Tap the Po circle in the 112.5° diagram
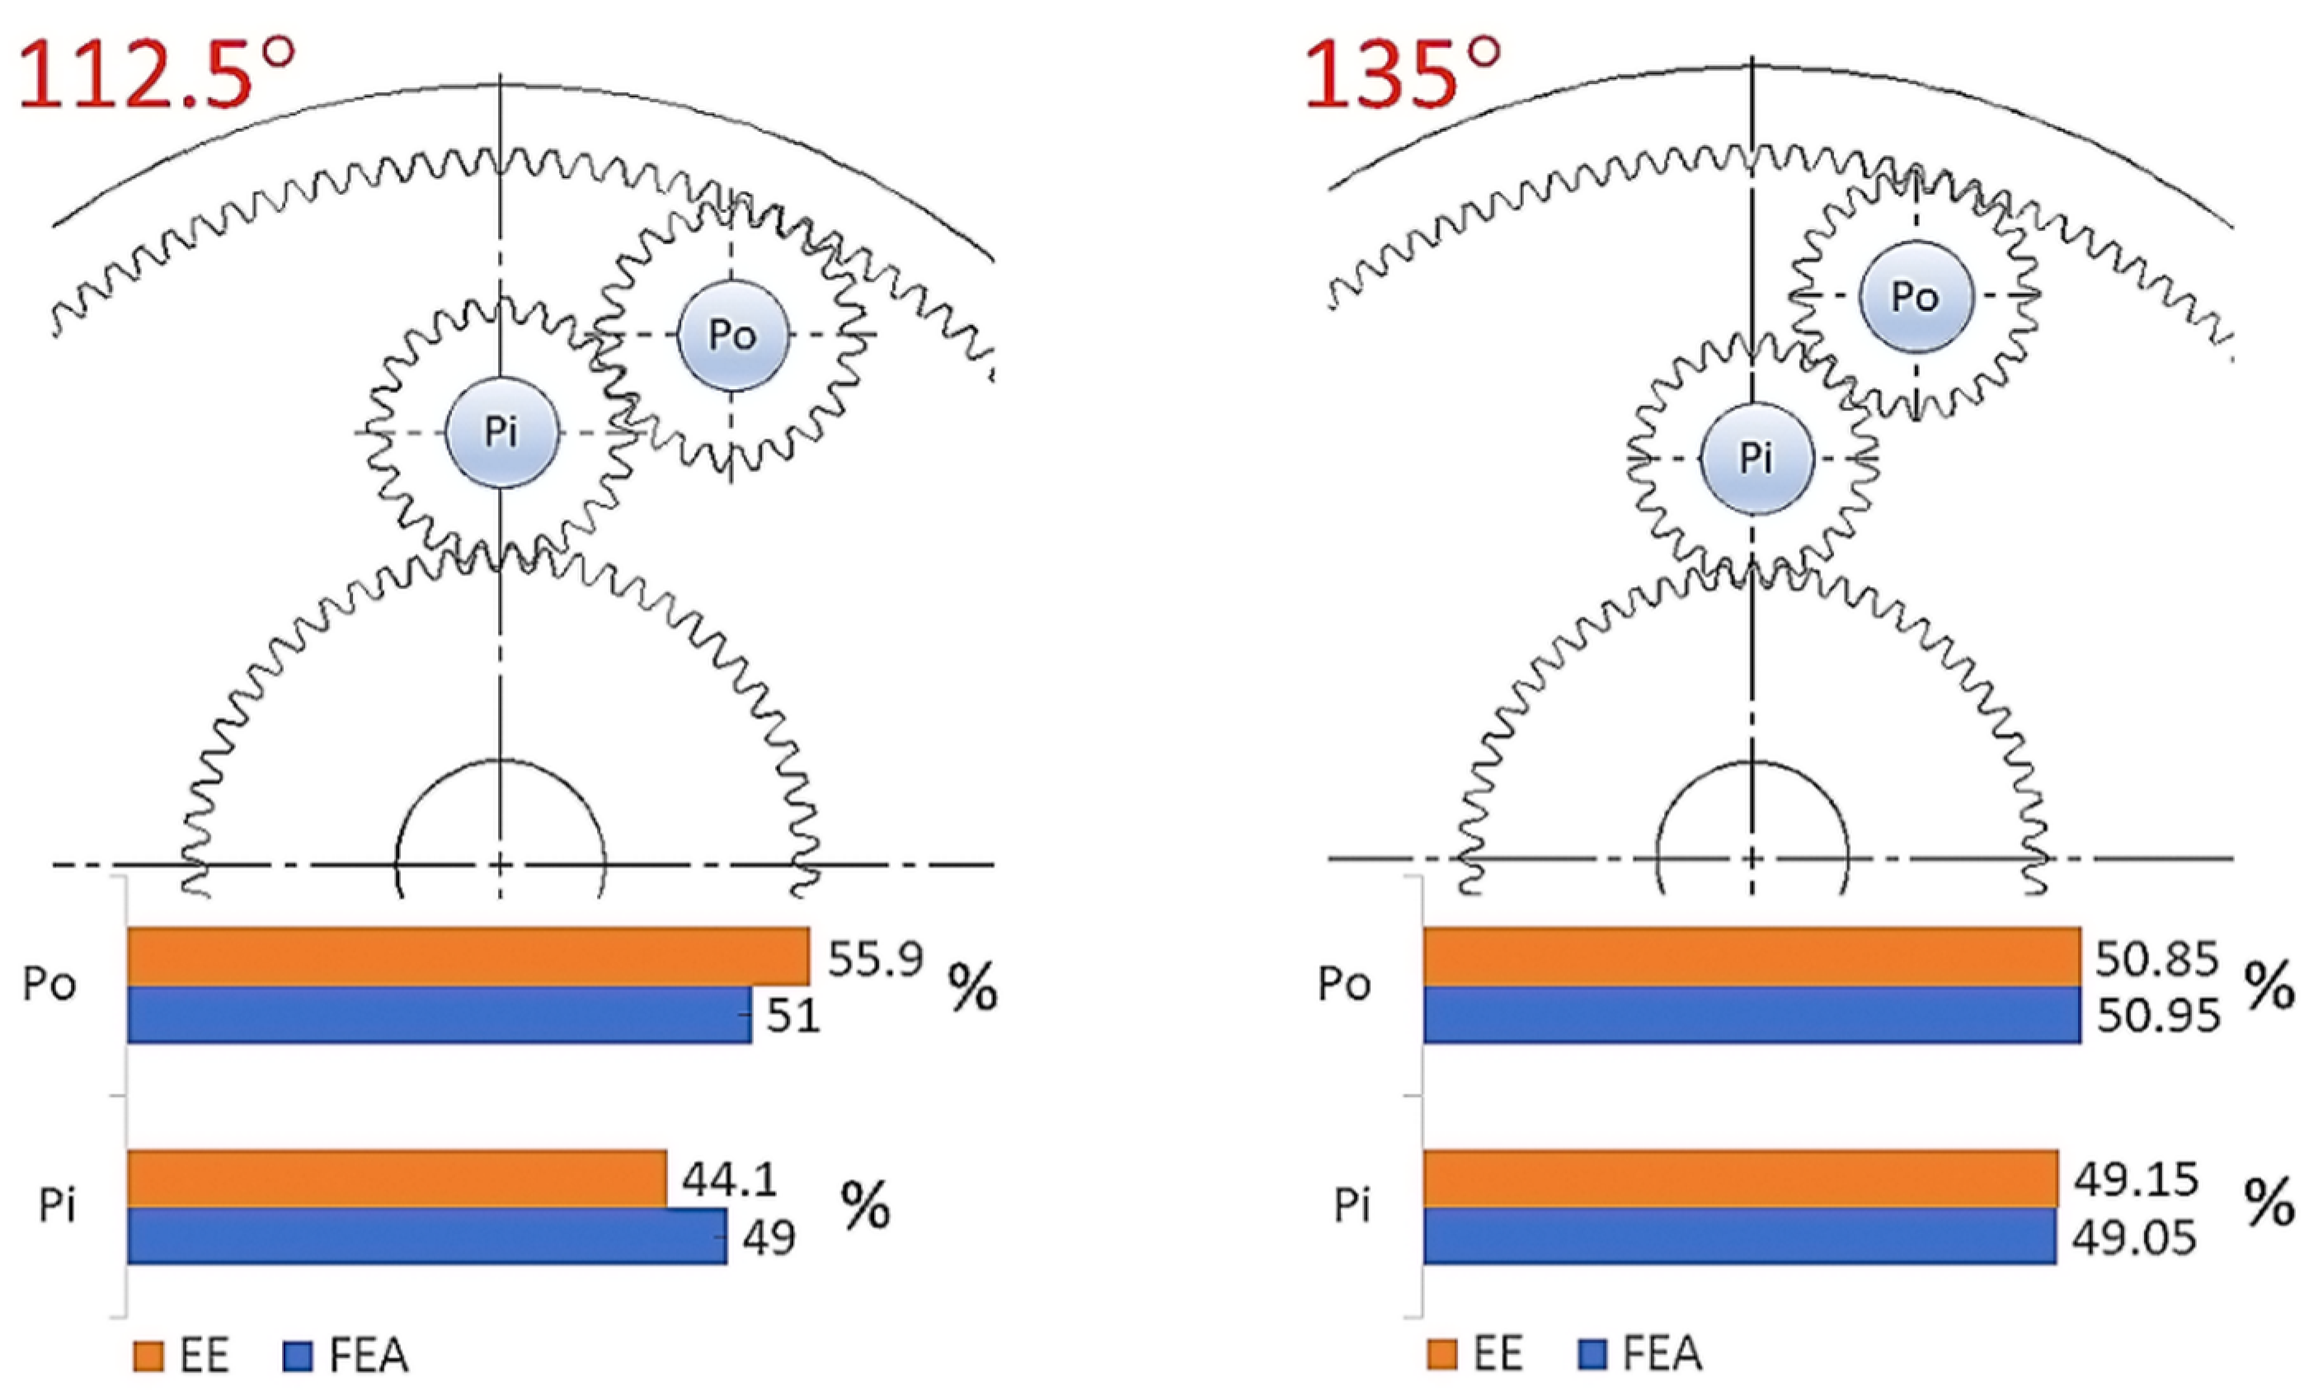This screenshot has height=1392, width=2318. [733, 335]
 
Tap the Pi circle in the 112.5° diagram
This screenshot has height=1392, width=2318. [501, 432]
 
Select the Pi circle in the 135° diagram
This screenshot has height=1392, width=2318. [1756, 459]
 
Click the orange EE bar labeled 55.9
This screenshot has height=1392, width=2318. [468, 957]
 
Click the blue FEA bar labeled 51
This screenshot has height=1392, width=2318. [439, 1014]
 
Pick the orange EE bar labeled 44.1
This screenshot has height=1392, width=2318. [397, 1178]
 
